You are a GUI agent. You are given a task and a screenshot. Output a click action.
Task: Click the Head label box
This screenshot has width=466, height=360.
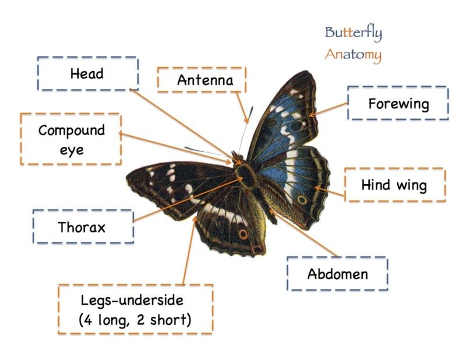tap(87, 73)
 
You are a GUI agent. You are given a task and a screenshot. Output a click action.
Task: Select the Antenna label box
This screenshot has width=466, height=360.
tap(202, 80)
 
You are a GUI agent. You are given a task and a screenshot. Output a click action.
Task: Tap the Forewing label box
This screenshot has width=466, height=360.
tap(398, 104)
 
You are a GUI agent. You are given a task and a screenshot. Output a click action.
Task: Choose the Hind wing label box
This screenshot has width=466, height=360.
tap(394, 185)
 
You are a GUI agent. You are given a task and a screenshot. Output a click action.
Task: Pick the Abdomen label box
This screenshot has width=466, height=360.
tap(337, 274)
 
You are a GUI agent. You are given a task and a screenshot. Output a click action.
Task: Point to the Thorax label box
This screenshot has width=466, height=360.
tap(83, 227)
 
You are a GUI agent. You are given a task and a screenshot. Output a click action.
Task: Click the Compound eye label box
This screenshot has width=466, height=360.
tap(71, 139)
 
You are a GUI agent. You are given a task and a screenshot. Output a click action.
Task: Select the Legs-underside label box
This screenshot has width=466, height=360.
tap(135, 310)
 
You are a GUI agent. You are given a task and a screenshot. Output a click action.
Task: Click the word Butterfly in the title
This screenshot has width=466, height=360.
tap(353, 33)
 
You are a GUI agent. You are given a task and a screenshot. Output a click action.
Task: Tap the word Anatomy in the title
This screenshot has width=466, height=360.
tap(353, 55)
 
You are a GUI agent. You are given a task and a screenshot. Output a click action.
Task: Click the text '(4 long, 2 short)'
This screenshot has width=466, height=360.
tap(135, 320)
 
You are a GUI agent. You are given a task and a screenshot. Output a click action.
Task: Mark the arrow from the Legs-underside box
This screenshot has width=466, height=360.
tap(189, 250)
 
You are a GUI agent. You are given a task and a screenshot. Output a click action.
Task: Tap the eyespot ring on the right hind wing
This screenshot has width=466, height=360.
tap(302, 200)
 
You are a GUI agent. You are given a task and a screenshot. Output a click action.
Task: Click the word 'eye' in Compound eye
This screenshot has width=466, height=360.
tap(71, 150)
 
